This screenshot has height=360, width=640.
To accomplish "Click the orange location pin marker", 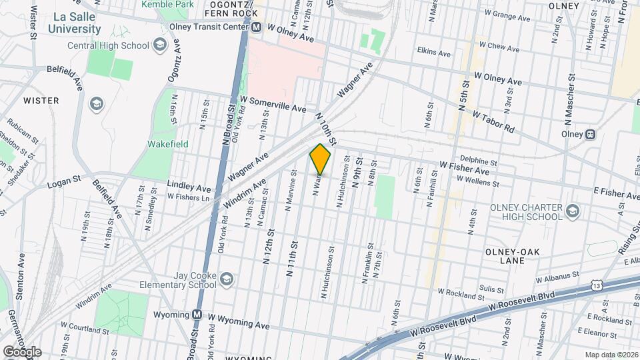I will click(320, 159).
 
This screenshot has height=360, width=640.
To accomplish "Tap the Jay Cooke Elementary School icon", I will click(226, 279).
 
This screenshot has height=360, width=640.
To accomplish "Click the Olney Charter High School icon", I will click(572, 211).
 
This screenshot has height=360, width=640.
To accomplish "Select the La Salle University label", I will click(75, 23).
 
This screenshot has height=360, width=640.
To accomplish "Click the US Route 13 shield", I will click(595, 286).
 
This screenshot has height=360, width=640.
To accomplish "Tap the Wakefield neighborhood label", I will click(168, 144).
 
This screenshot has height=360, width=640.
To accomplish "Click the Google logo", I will click(21, 351).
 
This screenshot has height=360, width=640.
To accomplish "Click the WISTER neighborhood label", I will click(41, 101).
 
